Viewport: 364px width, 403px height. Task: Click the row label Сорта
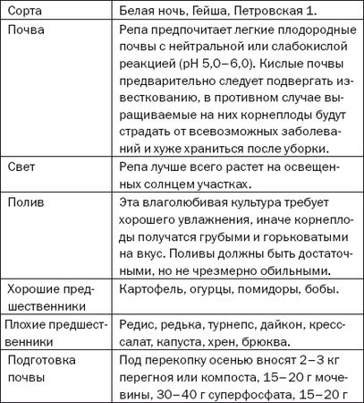27,11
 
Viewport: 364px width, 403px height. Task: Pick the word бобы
326,291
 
